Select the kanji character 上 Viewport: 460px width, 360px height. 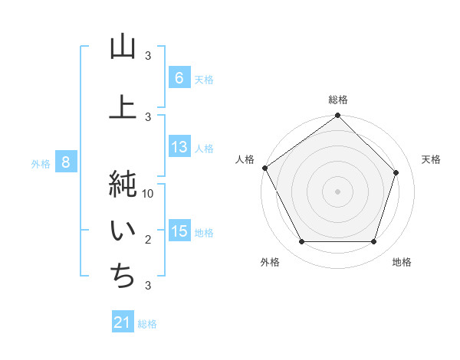[123, 106]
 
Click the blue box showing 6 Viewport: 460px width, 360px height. [179, 78]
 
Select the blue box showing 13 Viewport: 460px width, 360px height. [179, 147]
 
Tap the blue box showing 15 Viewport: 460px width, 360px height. [179, 231]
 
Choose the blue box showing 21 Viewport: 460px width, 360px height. [123, 322]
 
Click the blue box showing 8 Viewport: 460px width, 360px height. [66, 162]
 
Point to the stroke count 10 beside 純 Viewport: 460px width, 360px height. [149, 194]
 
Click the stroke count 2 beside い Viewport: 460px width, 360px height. [149, 240]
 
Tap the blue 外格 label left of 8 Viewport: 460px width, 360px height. [41, 163]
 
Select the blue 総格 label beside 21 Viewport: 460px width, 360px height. [147, 324]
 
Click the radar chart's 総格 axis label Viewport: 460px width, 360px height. [337, 100]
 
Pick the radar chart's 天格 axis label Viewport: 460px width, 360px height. [431, 159]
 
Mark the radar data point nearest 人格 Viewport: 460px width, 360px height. [265, 168]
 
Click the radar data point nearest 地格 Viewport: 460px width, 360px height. [373, 242]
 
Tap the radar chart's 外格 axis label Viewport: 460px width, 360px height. [270, 262]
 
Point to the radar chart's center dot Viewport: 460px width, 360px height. [337, 191]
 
